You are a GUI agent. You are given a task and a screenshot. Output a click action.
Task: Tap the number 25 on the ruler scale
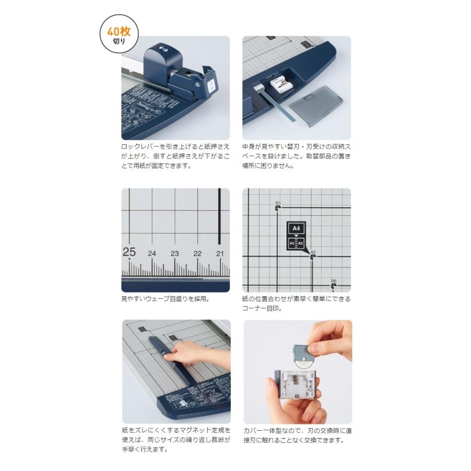point(129,252)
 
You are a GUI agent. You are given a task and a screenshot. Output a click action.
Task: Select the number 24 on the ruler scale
point(152,253)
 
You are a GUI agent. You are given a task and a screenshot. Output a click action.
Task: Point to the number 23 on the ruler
point(174,253)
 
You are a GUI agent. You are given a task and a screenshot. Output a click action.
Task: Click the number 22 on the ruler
point(197,253)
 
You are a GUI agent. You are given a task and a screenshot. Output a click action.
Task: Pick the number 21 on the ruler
point(220,253)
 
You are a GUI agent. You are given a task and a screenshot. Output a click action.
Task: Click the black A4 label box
point(296,228)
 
